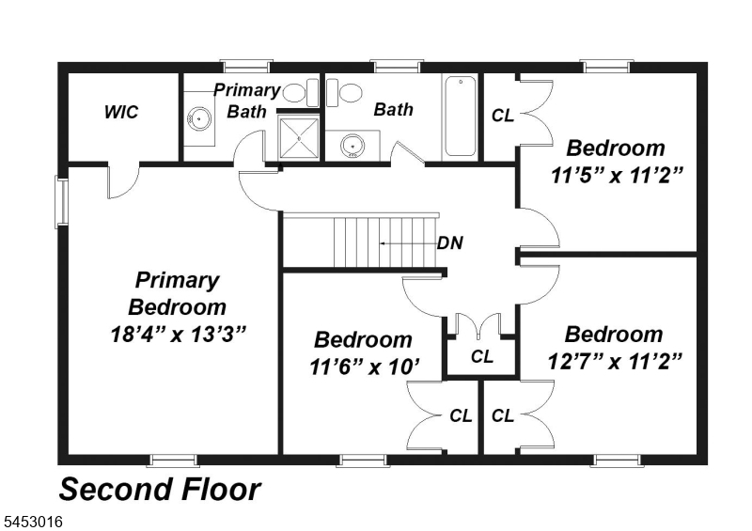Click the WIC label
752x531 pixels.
[x=121, y=112]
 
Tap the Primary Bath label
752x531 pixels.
[x=246, y=101]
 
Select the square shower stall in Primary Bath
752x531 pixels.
[x=299, y=137]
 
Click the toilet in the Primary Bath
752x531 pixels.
[x=300, y=93]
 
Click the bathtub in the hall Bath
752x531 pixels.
[x=461, y=117]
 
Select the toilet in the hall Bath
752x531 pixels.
[x=344, y=93]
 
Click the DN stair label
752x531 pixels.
[x=450, y=243]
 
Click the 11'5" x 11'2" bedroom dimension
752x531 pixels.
[x=616, y=176]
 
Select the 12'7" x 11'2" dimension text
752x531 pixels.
[x=615, y=361]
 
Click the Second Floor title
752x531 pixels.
[x=160, y=490]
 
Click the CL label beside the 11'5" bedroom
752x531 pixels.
[x=503, y=116]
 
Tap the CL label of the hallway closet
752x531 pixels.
[x=482, y=356]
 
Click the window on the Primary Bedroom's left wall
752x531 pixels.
[x=61, y=201]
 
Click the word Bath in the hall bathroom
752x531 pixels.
[x=393, y=109]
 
